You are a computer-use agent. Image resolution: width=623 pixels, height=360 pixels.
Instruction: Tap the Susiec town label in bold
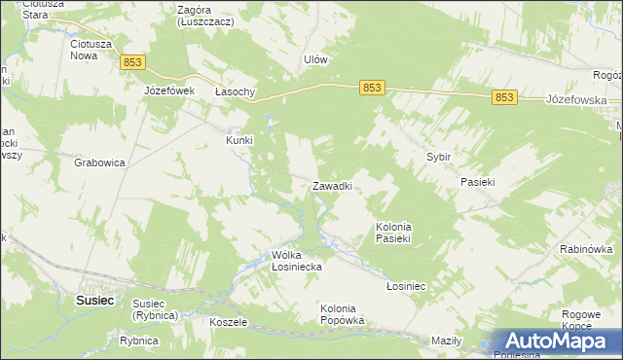pos(95,301)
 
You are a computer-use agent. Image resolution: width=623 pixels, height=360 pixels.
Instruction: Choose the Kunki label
pos(239,140)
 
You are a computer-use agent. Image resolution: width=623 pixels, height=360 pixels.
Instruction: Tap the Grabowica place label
pos(99,163)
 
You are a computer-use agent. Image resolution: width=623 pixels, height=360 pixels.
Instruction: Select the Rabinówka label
pos(586,249)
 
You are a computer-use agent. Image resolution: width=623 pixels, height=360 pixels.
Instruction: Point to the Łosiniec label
pos(407,287)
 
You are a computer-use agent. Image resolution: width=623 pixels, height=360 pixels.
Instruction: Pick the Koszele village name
pos(229,322)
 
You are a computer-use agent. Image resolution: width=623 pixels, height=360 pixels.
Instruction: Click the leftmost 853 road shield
pos(134,62)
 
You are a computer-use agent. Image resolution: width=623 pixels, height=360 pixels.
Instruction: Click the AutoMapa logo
pos(552,341)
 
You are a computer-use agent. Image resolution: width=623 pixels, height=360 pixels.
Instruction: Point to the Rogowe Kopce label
pos(582,320)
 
